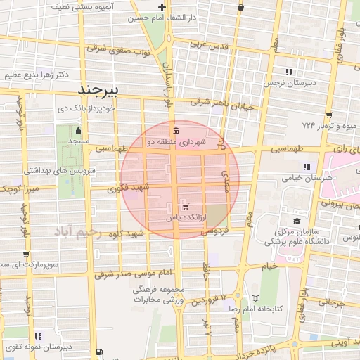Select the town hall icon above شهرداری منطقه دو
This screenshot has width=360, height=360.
pyautogui.click(x=174, y=131)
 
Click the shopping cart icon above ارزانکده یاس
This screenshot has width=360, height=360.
pyautogui.click(x=185, y=207)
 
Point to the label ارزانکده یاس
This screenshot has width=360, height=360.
pyautogui.click(x=185, y=218)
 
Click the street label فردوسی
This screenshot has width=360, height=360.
pyautogui.click(x=216, y=230)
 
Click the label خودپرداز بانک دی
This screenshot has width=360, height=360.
pyautogui.click(x=85, y=109)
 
